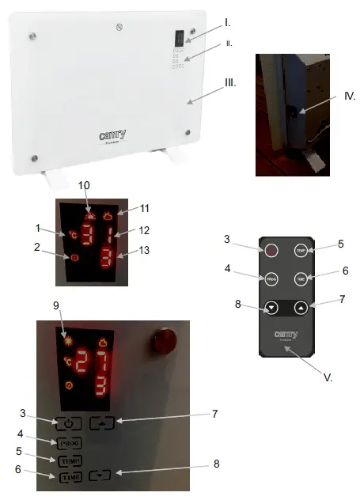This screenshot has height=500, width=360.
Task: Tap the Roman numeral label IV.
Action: click(351, 97)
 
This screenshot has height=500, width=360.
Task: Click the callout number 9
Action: click(55, 305)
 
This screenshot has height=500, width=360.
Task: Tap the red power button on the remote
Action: click(271, 251)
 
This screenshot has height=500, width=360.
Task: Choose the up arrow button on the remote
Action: click(300, 307)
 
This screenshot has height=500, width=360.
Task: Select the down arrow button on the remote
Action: click(271, 307)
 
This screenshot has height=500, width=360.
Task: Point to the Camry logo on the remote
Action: click(286, 335)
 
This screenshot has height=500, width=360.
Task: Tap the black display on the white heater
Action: click(179, 37)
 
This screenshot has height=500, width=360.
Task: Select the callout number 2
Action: click(37, 248)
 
